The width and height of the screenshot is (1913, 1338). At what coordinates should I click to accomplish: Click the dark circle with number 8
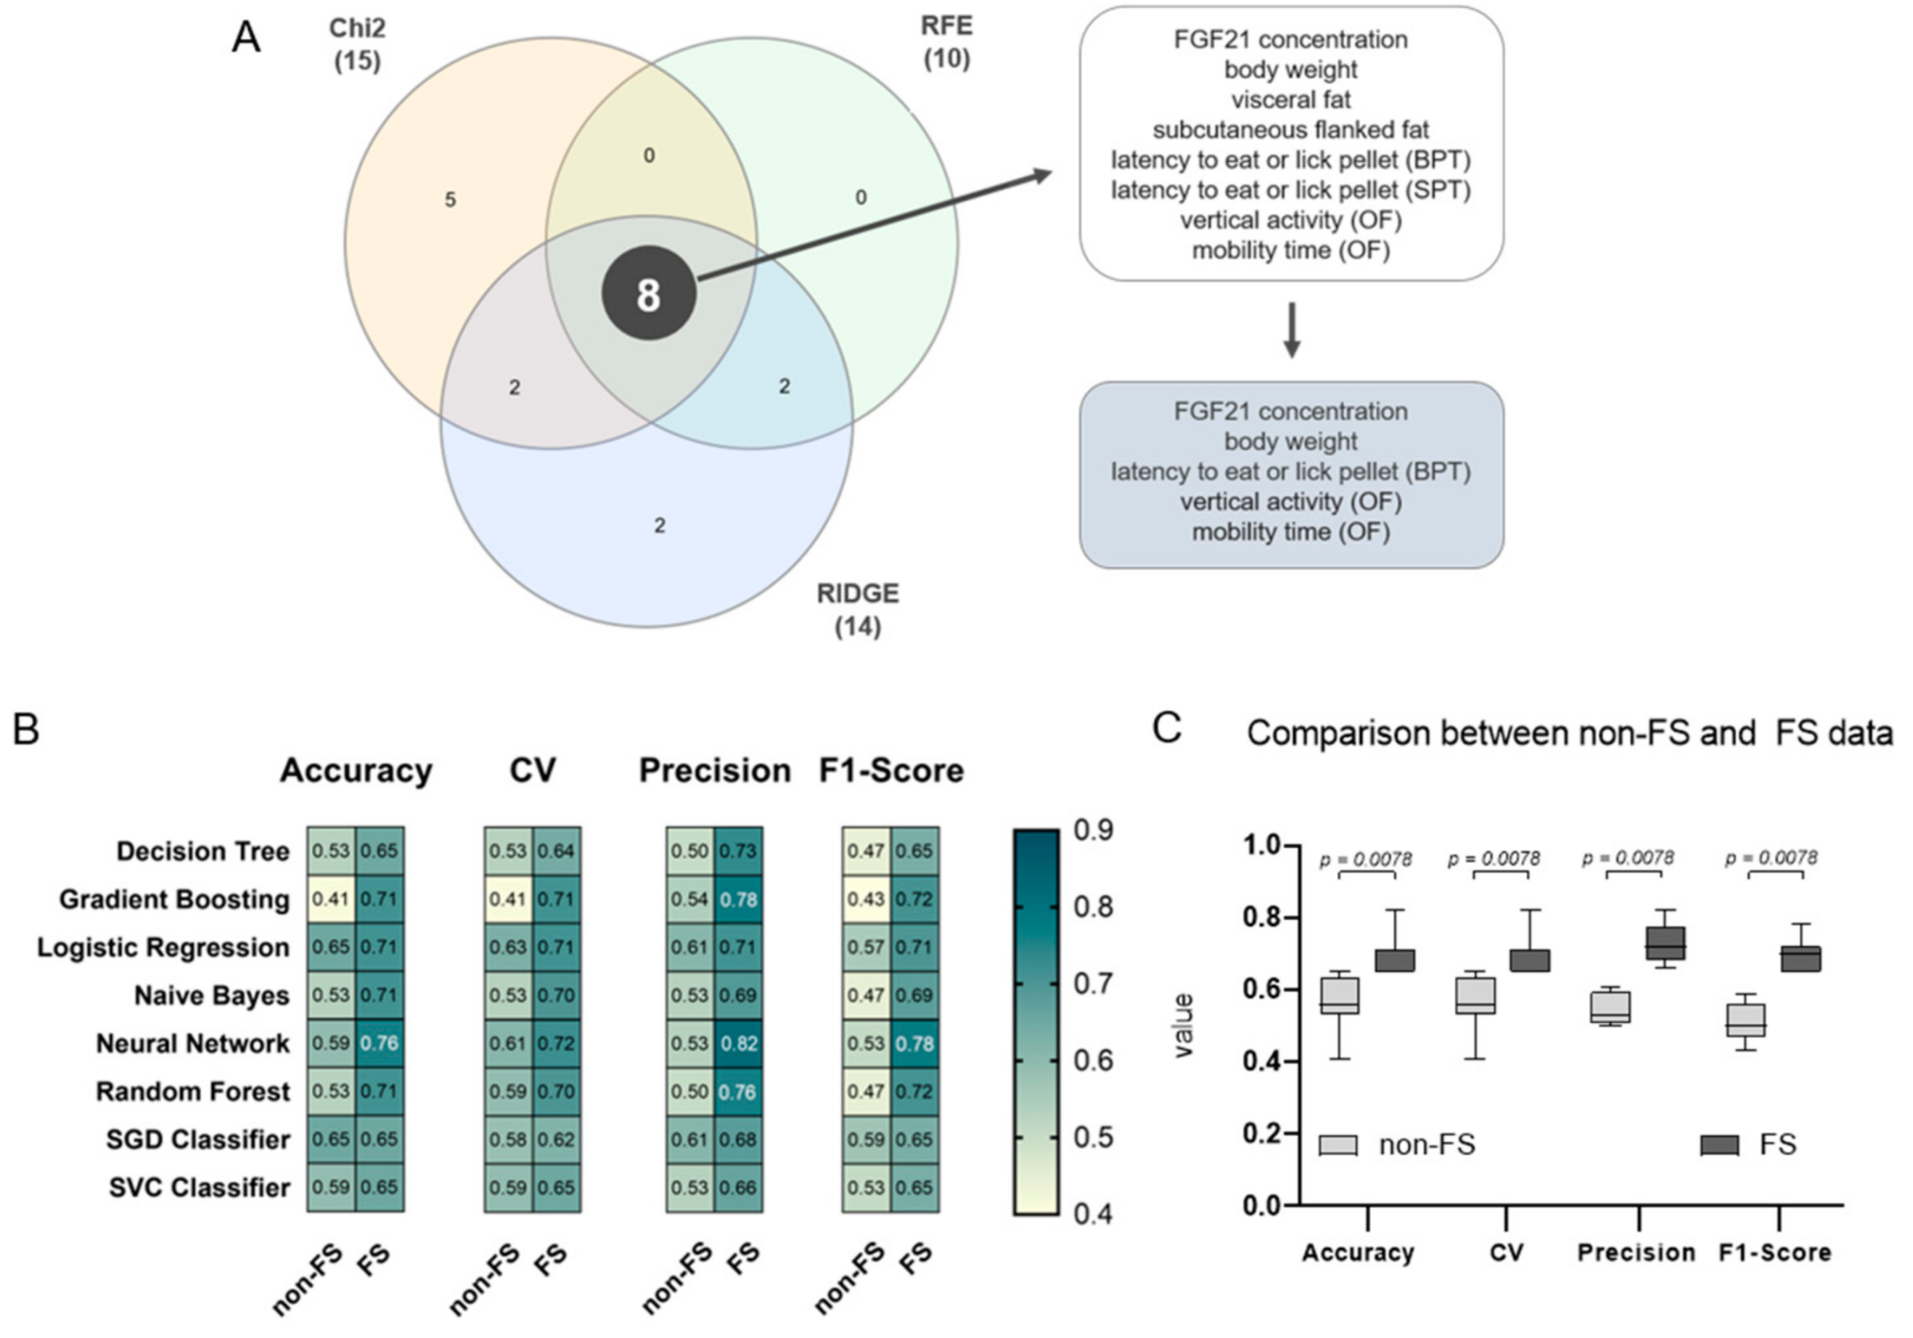(x=648, y=294)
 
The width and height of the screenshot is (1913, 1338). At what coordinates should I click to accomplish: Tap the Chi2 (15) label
(x=358, y=44)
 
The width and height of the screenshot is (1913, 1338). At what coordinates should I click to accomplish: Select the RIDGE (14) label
(x=857, y=609)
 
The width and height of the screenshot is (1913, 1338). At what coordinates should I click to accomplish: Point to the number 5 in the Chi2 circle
(x=450, y=200)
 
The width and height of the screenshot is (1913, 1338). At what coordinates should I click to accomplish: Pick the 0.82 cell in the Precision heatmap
(x=738, y=1044)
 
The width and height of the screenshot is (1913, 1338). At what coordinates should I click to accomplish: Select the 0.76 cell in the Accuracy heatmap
(x=380, y=1044)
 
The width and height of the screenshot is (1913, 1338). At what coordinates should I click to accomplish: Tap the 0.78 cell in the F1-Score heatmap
(x=915, y=1044)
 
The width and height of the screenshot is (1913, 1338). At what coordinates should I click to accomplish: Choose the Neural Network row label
(x=193, y=1044)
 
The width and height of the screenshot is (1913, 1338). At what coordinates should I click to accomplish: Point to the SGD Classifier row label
(x=198, y=1140)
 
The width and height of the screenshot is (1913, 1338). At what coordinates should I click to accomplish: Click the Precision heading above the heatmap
(x=715, y=770)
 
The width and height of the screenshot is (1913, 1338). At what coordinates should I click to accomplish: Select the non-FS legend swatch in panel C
(x=1338, y=1145)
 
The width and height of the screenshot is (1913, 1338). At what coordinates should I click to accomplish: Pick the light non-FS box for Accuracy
(x=1339, y=995)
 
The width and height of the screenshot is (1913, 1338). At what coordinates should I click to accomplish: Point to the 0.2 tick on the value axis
(x=1260, y=1133)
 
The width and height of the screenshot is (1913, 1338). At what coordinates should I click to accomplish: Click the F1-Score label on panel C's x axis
(x=1774, y=1252)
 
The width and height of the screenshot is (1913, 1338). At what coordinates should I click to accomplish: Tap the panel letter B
(x=26, y=730)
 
